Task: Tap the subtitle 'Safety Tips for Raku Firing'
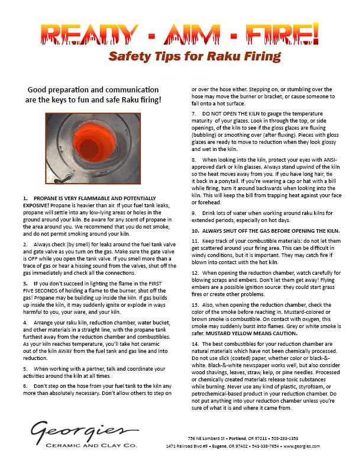(194, 57)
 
